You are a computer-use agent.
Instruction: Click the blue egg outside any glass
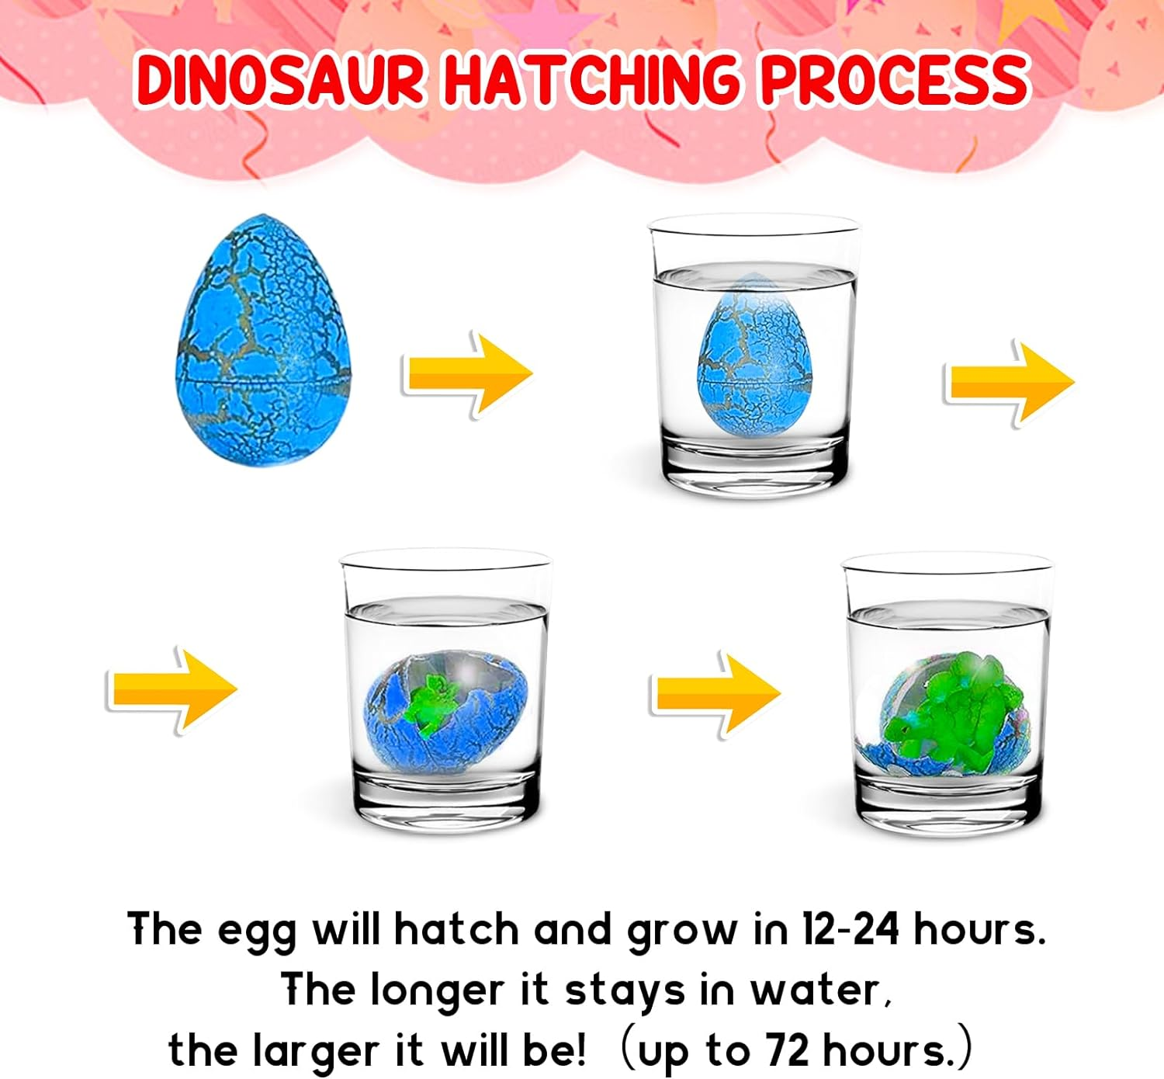[264, 342]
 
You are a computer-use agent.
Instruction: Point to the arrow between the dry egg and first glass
[467, 373]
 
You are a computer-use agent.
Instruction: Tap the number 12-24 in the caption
[850, 928]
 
